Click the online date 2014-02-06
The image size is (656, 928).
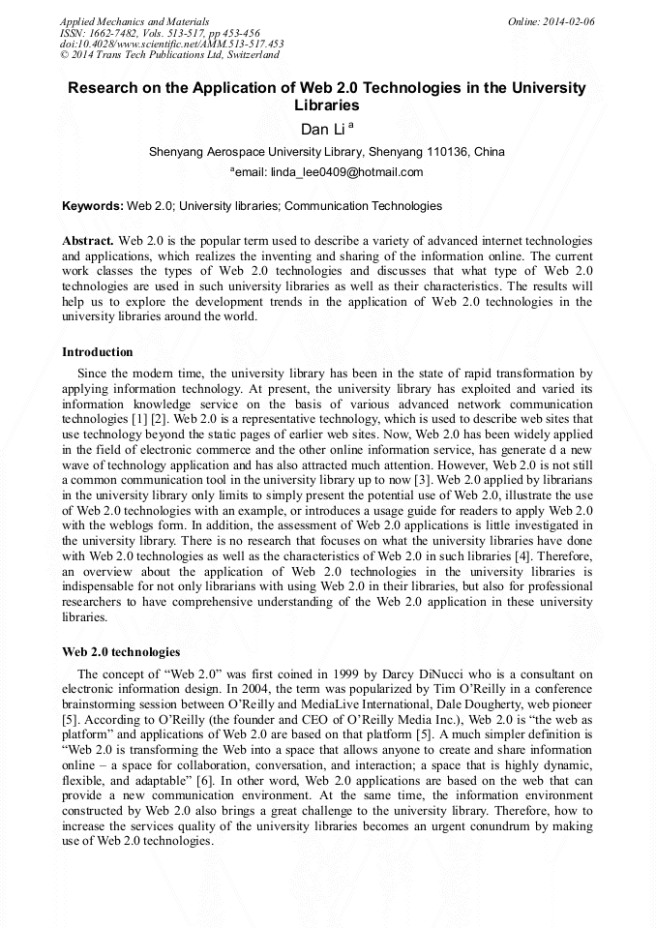tap(565, 21)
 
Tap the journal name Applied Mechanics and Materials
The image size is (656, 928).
tap(134, 21)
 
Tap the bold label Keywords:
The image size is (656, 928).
tap(93, 206)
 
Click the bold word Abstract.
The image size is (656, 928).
tap(88, 240)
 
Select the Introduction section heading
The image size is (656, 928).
tap(98, 352)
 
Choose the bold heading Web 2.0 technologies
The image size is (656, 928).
tap(121, 652)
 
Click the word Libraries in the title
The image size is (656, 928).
tap(326, 105)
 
